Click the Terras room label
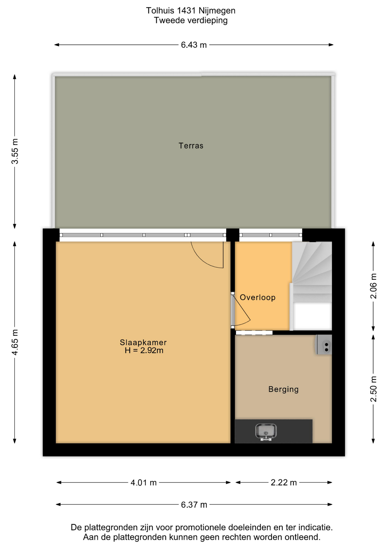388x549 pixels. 191,146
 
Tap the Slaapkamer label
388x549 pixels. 143,342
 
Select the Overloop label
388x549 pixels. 257,297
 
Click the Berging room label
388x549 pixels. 283,389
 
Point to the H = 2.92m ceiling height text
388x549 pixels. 144,351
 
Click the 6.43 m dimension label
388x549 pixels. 194,45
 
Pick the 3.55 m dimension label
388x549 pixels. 15,151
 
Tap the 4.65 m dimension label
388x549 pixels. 15,342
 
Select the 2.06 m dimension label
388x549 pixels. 373,286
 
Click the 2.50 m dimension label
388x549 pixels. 373,389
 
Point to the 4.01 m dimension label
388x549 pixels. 143,483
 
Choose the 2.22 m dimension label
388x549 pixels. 284,483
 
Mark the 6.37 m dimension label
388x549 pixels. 194,505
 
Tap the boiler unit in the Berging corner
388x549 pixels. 323,345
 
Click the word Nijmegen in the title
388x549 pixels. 217,11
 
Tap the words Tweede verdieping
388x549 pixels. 191,21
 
